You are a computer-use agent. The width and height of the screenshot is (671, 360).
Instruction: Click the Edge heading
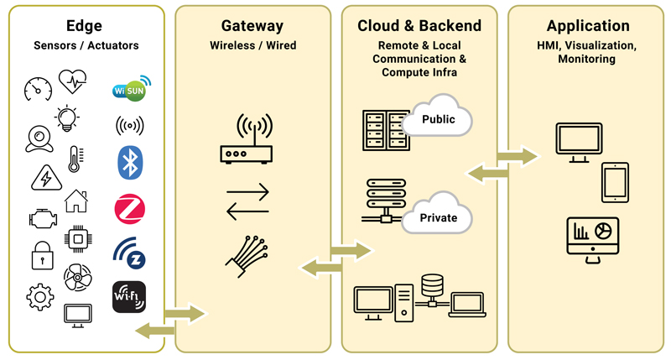[x=84, y=26]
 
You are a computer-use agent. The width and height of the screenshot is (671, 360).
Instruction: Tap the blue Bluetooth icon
[x=128, y=162]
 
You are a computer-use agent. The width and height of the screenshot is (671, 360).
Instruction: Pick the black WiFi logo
[x=128, y=296]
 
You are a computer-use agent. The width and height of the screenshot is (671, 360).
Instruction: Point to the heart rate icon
[x=72, y=82]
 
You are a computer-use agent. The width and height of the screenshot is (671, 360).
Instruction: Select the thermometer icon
[x=75, y=159]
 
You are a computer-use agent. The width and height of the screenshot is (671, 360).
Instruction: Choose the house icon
[x=75, y=201]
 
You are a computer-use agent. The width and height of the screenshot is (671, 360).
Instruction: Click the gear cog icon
[x=39, y=296]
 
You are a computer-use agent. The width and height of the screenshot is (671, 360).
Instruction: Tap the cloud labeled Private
[x=437, y=216]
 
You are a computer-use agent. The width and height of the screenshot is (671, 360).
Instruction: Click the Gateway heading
[x=252, y=26]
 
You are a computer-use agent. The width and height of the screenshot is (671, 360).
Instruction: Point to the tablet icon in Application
[x=614, y=182]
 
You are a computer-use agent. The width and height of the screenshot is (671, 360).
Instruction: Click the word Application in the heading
[x=588, y=26]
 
